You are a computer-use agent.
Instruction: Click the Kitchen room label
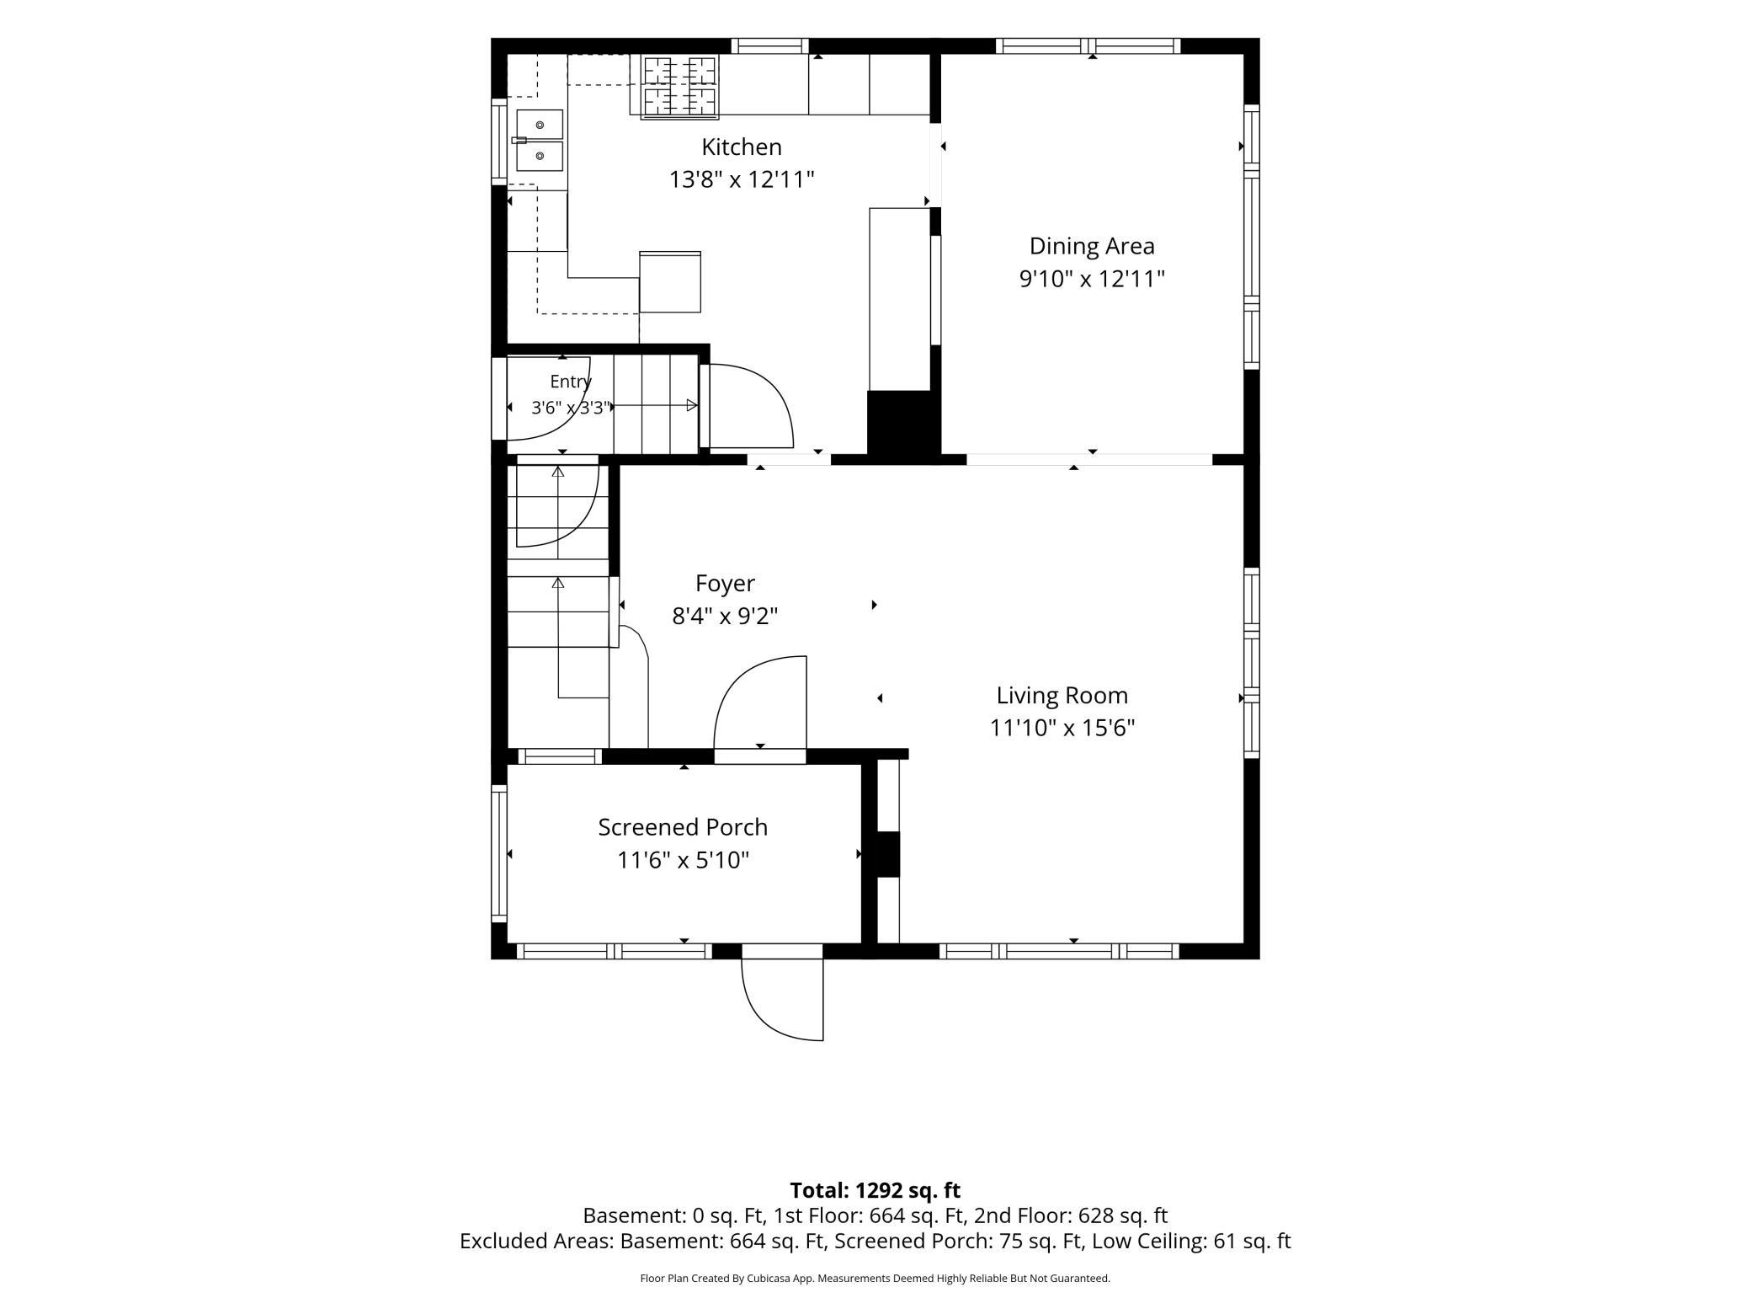[742, 147]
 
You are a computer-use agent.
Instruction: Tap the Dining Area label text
[1092, 246]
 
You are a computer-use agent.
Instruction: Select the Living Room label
[1062, 695]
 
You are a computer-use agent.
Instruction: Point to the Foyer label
[725, 583]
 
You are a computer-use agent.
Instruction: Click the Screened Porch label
[683, 827]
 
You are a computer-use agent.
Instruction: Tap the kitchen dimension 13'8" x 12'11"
[742, 179]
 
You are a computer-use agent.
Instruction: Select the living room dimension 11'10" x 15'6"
[1062, 727]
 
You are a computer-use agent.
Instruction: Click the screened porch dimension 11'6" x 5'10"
[683, 860]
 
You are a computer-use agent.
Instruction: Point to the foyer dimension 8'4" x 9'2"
[725, 616]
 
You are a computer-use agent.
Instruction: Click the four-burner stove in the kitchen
[680, 86]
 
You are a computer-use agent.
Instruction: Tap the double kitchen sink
[539, 140]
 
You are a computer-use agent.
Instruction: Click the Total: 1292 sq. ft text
[875, 1190]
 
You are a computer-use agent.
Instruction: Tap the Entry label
[571, 382]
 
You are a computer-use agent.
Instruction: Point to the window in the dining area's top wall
[1088, 45]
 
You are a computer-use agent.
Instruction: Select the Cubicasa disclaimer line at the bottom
[875, 1278]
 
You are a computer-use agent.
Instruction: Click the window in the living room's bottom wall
[1059, 951]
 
